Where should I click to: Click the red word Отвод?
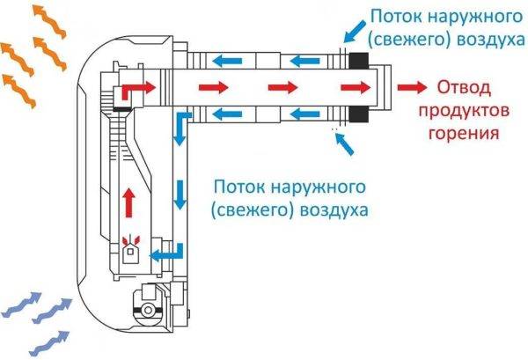[464, 88]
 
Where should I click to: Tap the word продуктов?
[464, 111]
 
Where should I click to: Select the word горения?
[464, 134]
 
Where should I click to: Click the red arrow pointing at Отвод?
[412, 87]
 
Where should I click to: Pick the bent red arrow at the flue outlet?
[138, 88]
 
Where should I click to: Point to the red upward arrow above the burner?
[128, 202]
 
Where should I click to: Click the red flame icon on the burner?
[130, 240]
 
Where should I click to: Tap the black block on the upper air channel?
[359, 61]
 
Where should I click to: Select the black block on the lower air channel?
[359, 114]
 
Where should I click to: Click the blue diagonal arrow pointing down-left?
[355, 32]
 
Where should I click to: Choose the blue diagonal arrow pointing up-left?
[344, 144]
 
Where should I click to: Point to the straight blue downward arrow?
[180, 195]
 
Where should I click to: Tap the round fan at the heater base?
[147, 310]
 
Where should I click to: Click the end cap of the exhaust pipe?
[385, 88]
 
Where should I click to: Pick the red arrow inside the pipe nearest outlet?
[356, 87]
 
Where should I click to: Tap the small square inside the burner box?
[130, 251]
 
